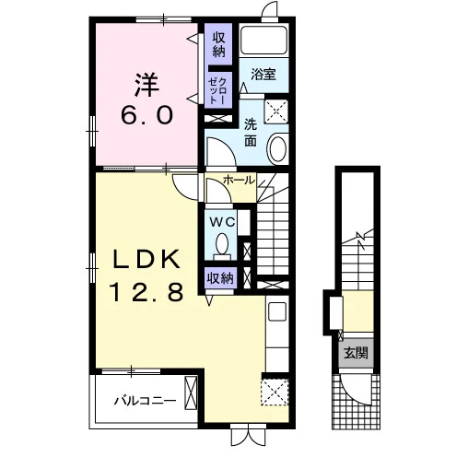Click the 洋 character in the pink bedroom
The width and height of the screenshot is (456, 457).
click(146, 85)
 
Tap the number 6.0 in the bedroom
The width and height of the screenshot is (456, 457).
click(146, 115)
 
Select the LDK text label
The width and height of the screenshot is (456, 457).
click(146, 259)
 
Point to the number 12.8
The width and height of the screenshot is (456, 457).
click(146, 292)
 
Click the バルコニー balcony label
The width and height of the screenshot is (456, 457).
click(146, 401)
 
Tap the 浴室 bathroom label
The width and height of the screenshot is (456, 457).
click(263, 75)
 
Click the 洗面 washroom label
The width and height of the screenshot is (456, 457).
click(251, 133)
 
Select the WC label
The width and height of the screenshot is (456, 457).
click(222, 222)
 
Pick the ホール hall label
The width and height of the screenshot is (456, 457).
click(240, 181)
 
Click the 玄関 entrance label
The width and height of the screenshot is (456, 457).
click(356, 353)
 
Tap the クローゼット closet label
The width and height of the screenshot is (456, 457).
click(217, 90)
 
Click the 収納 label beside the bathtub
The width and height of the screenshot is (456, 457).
click(218, 44)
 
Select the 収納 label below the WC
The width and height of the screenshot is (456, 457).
click(220, 278)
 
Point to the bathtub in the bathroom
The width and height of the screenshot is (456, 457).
click(263, 40)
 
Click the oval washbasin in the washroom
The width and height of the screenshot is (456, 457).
click(278, 148)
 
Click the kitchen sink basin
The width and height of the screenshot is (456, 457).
click(277, 311)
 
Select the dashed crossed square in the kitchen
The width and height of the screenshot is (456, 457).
click(275, 392)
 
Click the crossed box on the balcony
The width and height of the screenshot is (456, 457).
click(190, 393)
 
